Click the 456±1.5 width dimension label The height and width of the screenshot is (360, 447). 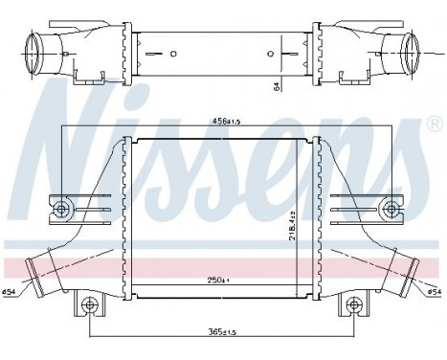(223, 120)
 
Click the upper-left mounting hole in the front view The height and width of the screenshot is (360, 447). (62, 208)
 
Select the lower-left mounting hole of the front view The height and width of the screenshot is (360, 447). (90, 306)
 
